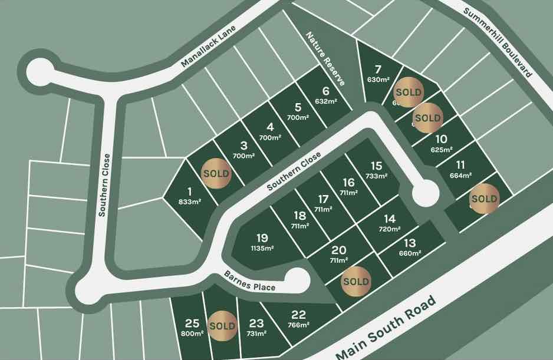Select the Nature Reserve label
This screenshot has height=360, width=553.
pos(325,58)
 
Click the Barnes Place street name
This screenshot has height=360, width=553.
pos(250,281)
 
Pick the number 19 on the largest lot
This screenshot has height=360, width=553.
pos(262,238)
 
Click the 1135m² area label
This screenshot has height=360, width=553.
pos(263,249)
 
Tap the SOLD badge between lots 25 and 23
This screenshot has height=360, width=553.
pos(222,325)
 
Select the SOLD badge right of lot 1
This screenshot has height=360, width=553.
pos(216,174)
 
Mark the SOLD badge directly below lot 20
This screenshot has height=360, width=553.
pos(355,281)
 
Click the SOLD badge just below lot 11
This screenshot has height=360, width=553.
pos(484,199)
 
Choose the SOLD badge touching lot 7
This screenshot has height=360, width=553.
pos(409,93)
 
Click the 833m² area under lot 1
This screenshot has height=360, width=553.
pos(190,202)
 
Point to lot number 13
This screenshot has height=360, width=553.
pos(410,243)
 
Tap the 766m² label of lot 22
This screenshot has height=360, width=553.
pos(299,325)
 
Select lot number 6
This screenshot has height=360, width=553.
pos(325,91)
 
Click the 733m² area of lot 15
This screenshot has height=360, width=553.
pos(377,176)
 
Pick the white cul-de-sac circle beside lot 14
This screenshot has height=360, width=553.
pos(424,193)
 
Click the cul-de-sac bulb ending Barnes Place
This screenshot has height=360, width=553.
pos(297,279)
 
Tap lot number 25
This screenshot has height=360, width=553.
pos(192,323)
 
